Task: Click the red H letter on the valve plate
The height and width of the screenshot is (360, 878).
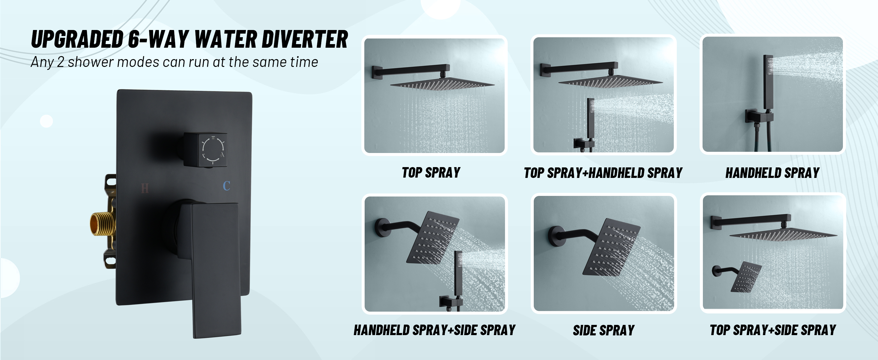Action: [x=145, y=188]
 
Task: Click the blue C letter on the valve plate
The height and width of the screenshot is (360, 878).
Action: [x=227, y=186]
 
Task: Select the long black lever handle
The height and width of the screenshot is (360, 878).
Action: [x=215, y=269]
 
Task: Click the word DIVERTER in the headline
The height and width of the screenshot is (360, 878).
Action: [x=305, y=40]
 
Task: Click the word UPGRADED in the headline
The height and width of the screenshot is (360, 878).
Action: [x=77, y=40]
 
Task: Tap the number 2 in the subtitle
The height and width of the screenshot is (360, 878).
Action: [x=60, y=62]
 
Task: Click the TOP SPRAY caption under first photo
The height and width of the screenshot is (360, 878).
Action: [x=431, y=173]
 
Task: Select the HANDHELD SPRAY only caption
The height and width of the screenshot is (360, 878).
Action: [x=772, y=173]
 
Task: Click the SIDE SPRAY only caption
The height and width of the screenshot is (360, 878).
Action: [x=604, y=330]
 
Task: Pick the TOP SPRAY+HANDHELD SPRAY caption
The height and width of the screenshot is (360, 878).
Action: [x=603, y=173]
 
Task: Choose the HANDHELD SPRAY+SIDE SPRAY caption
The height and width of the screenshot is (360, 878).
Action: [x=434, y=330]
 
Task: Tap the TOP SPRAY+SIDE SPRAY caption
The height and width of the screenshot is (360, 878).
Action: [x=773, y=330]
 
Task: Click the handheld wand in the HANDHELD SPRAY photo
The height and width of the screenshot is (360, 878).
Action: [x=768, y=82]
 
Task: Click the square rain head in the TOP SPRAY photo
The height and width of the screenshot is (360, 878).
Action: [x=442, y=84]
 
